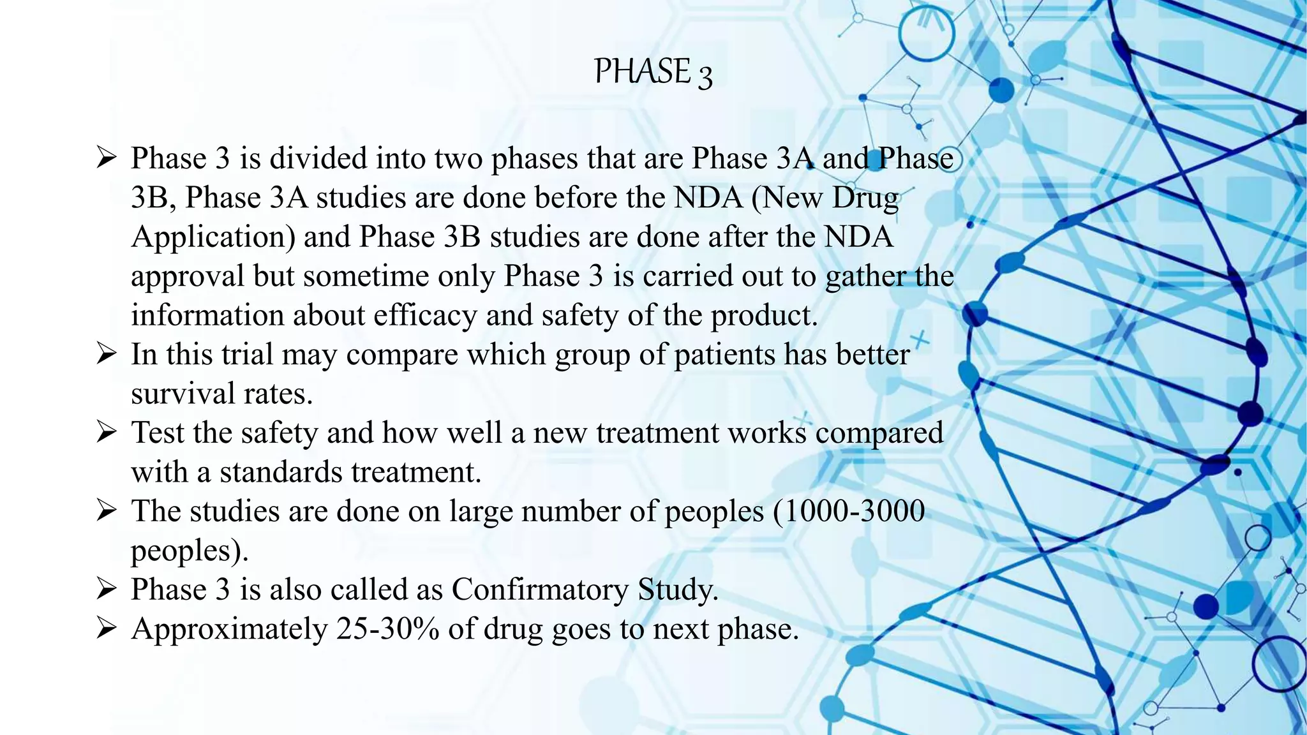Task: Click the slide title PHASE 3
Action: click(653, 71)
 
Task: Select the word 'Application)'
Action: click(213, 237)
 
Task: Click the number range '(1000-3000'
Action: click(849, 512)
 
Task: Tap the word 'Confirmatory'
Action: click(539, 590)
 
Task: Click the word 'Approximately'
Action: click(229, 630)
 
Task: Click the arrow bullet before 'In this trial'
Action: click(106, 354)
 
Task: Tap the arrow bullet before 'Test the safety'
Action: click(106, 433)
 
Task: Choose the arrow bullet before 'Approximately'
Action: click(106, 629)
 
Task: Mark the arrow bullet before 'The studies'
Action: click(106, 511)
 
